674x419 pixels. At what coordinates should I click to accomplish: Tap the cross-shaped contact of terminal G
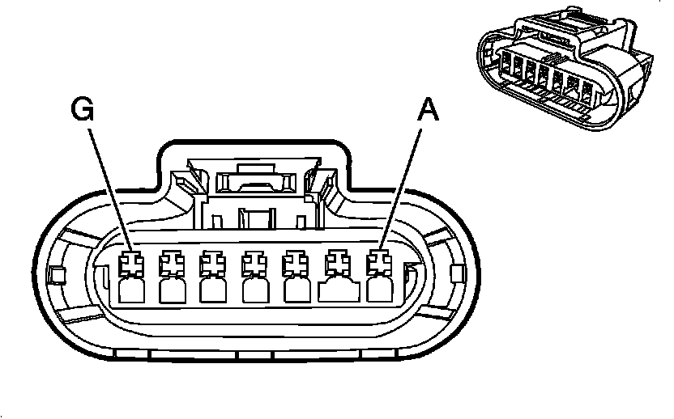tap(130, 263)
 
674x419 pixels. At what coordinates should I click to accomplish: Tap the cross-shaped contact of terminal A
tap(378, 263)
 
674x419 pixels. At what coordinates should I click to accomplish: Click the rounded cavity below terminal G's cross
tap(130, 289)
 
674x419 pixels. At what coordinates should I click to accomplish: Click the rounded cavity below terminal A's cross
tap(378, 289)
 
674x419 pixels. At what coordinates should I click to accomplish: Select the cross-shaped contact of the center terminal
tap(255, 263)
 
